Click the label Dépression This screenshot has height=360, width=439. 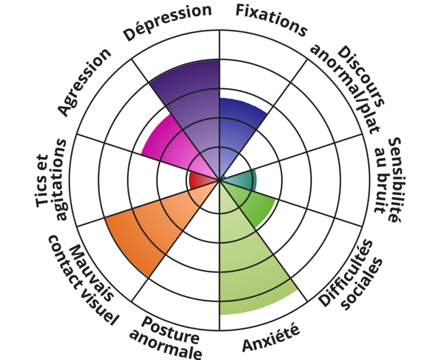point(167,23)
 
